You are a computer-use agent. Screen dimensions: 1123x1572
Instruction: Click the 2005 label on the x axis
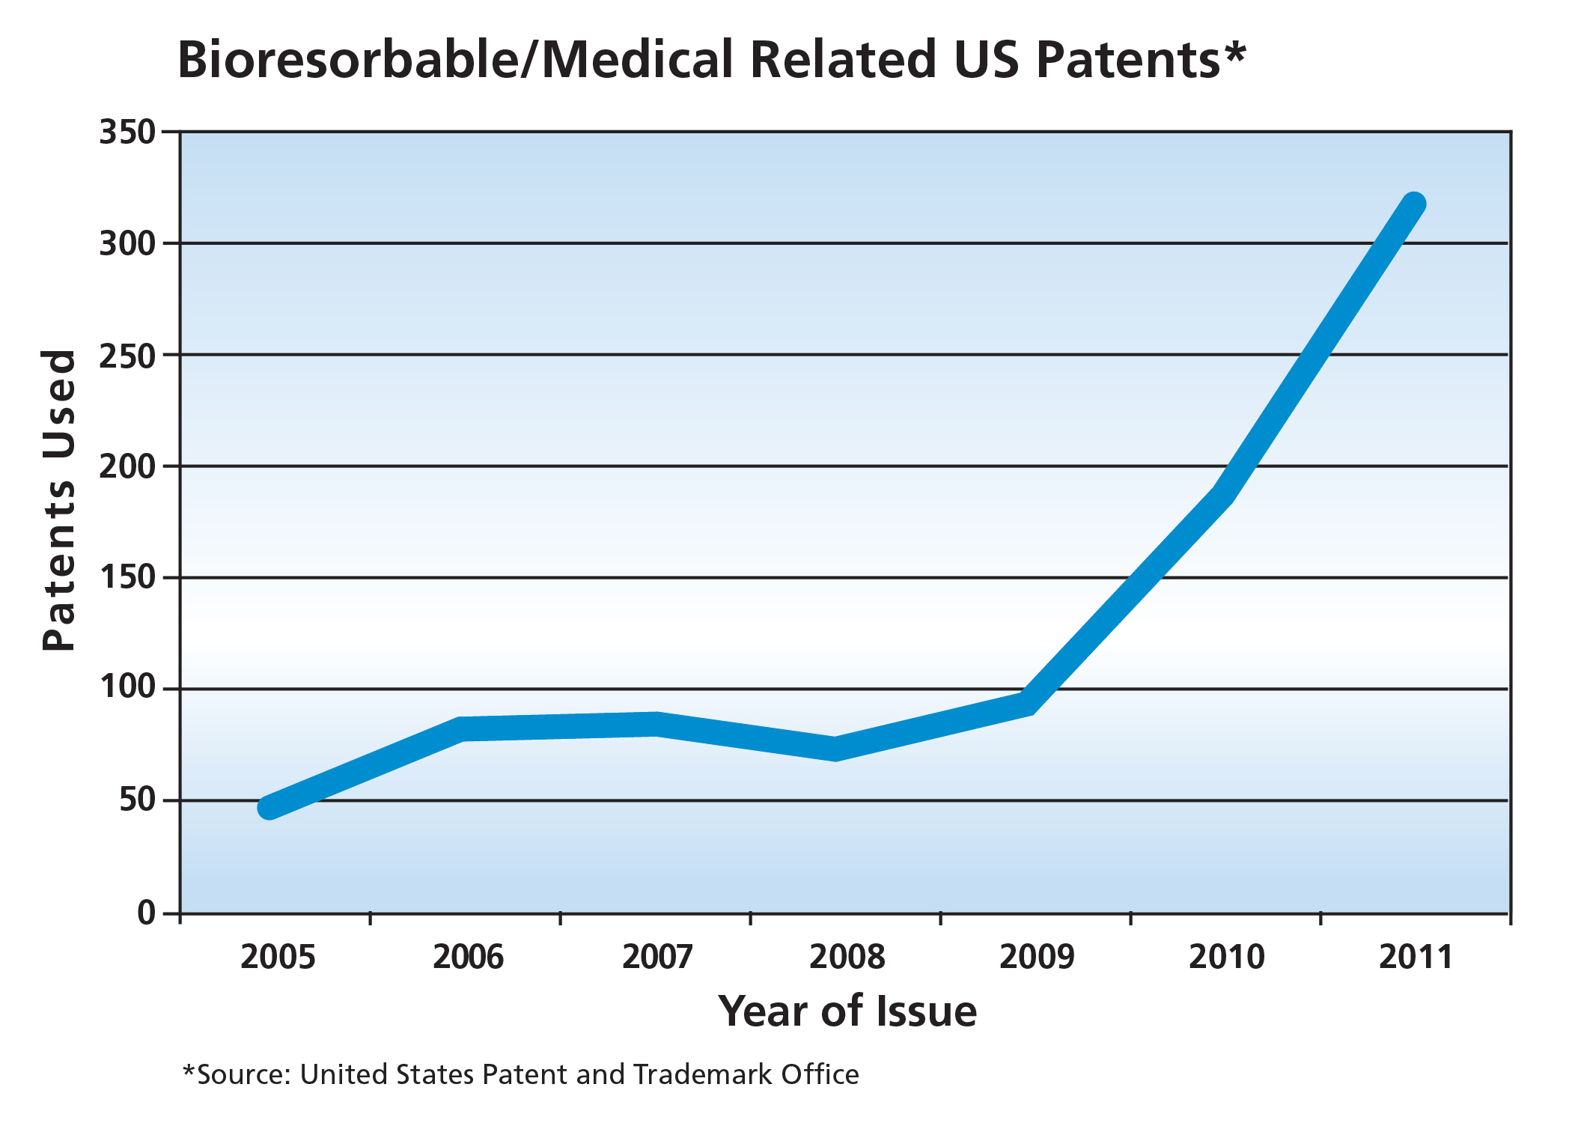tap(278, 958)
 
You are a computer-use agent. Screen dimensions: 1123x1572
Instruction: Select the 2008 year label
tap(847, 958)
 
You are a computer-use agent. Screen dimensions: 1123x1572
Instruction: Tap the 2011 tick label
tap(1416, 958)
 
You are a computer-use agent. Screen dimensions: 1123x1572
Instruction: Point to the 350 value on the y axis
tap(127, 133)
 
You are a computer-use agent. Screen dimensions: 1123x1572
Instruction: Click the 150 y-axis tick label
tap(127, 578)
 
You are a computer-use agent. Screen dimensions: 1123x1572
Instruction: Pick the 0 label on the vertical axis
tap(146, 913)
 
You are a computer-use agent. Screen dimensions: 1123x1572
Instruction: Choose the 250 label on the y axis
tap(127, 356)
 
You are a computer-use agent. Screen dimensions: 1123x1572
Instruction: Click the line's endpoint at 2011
tap(1413, 204)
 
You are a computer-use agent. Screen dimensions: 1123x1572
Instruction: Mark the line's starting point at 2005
tap(269, 808)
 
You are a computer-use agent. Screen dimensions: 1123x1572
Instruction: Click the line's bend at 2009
tap(1029, 702)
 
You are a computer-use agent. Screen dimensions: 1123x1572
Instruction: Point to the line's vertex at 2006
tap(463, 728)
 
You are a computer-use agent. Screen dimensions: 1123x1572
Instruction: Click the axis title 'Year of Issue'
tap(847, 1011)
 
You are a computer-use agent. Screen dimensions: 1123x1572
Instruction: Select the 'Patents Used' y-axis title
tap(59, 500)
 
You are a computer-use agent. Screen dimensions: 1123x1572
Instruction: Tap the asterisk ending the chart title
tap(1235, 52)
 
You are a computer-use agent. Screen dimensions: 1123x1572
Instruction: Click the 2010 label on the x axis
tap(1226, 958)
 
